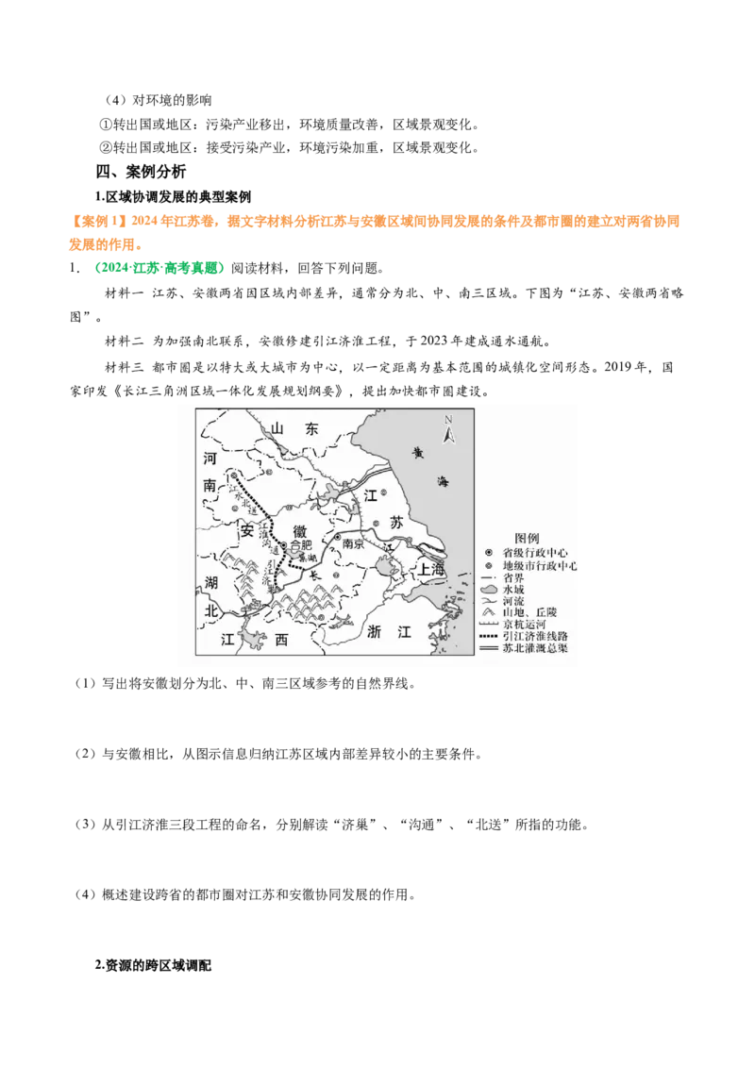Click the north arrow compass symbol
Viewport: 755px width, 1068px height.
click(x=449, y=430)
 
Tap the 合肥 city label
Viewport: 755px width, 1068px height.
click(x=300, y=545)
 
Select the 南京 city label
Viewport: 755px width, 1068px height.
click(x=353, y=544)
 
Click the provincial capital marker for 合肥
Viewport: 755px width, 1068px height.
click(x=283, y=545)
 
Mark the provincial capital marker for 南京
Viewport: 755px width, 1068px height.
click(x=337, y=539)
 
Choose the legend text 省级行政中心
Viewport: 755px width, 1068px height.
click(x=538, y=552)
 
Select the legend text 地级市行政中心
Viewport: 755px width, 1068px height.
click(x=541, y=565)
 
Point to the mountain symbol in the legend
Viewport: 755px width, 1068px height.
click(x=488, y=612)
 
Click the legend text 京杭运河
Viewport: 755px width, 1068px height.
click(x=525, y=625)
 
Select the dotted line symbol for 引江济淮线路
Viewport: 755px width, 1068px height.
click(x=488, y=637)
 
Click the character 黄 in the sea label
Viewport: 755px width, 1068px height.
click(x=417, y=452)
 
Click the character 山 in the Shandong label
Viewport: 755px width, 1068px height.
click(x=277, y=428)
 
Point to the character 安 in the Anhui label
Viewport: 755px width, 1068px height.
click(x=248, y=530)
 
